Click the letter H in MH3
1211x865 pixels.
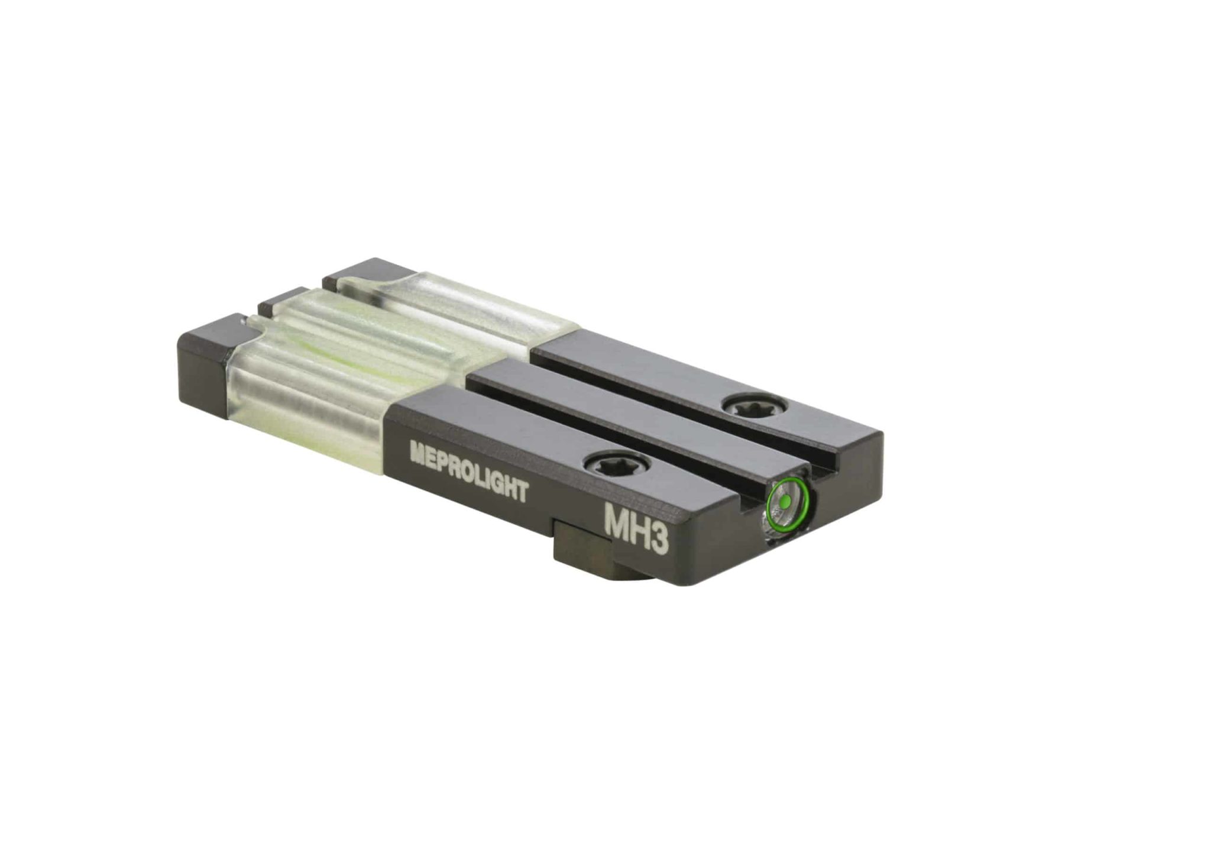(638, 529)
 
